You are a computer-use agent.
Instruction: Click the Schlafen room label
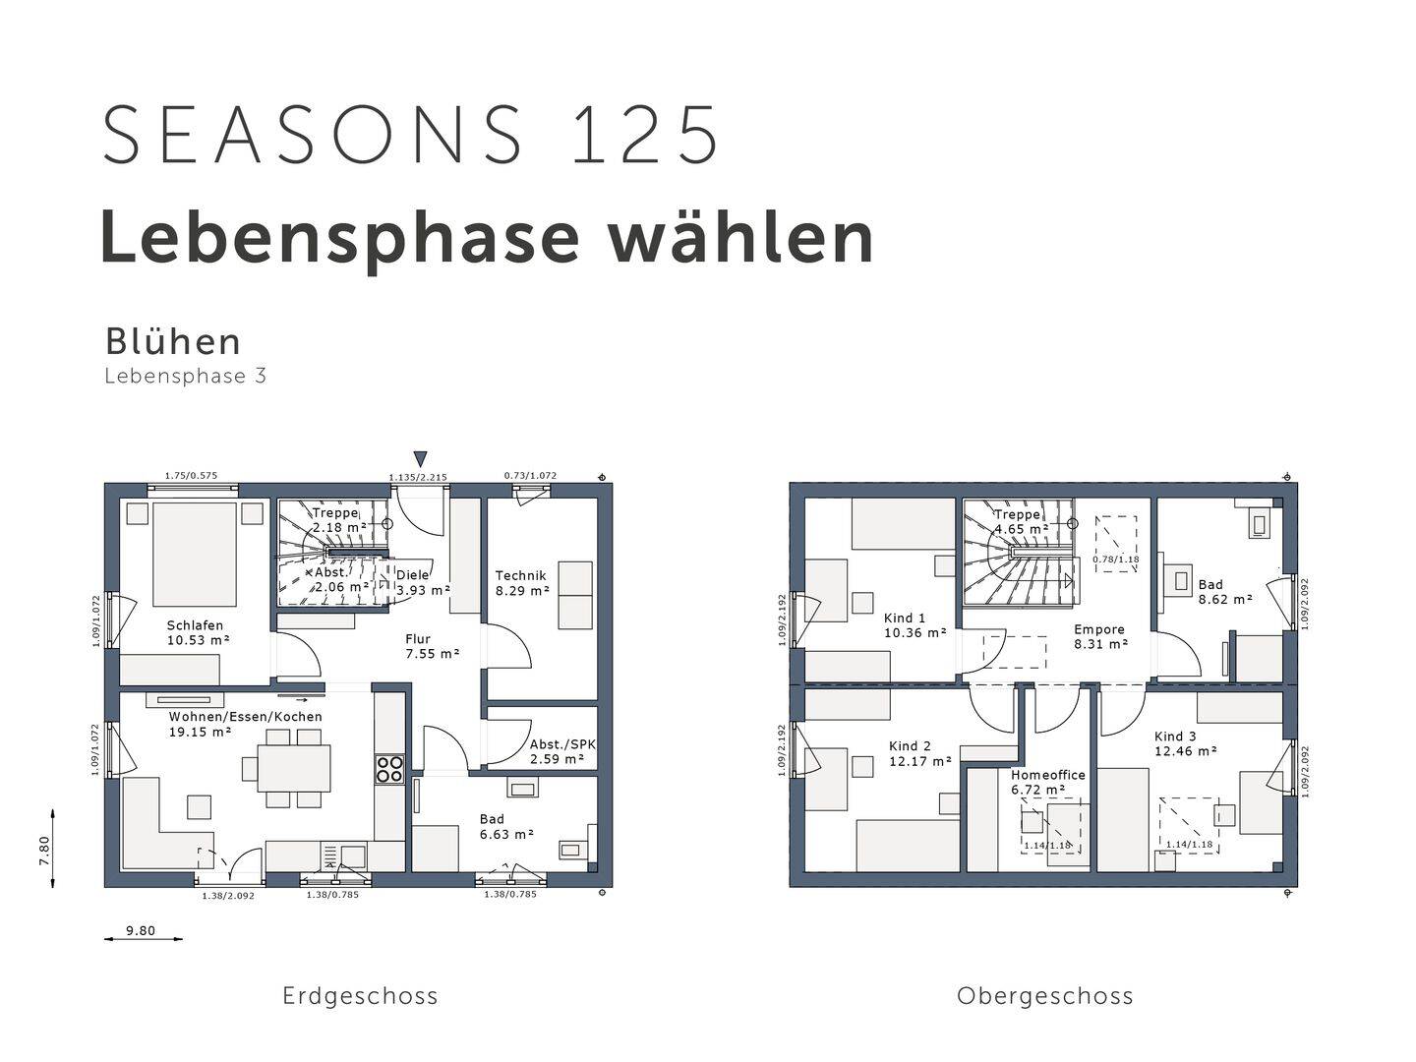pos(198,632)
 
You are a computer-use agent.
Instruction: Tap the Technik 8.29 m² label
pos(522,583)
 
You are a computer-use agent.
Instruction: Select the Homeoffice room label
pos(1047,782)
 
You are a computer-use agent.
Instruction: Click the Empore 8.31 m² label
pos(1100,636)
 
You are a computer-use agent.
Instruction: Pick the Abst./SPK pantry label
pos(562,752)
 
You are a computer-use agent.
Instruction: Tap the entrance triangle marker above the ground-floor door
pos(421,459)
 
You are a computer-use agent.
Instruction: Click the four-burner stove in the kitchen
pos(389,769)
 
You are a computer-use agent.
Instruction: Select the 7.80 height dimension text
pos(44,852)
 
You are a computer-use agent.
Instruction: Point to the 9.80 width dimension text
pos(141,930)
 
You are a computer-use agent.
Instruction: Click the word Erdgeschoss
pos(360,996)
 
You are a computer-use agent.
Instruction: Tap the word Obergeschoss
pos(1045,996)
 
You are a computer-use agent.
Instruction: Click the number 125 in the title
pos(645,135)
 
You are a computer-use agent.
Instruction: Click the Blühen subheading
pos(173,342)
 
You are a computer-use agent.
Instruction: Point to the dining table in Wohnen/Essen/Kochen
pos(294,768)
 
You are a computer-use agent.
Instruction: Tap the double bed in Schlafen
pos(194,554)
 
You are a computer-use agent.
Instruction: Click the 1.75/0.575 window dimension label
pos(191,476)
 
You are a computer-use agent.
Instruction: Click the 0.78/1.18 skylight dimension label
pos(1116,560)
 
